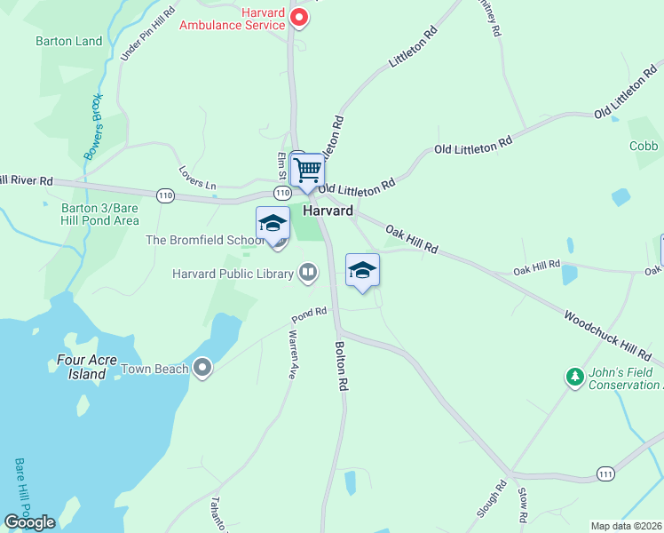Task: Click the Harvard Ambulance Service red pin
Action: pos(300,17)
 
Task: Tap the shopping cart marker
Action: pos(308,169)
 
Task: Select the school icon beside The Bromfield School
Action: pos(273,223)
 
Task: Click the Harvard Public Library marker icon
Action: pos(308,272)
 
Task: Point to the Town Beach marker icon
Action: pos(203,367)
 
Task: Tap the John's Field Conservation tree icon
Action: pos(575,378)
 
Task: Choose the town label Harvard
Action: pos(328,211)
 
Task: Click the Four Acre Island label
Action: pos(93,368)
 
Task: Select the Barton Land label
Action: pos(69,41)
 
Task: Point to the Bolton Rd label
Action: pos(340,367)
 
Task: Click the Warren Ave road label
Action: pos(291,354)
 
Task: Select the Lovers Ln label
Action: pos(197,177)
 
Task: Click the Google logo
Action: pos(29,522)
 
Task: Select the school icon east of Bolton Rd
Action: pos(362,270)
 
